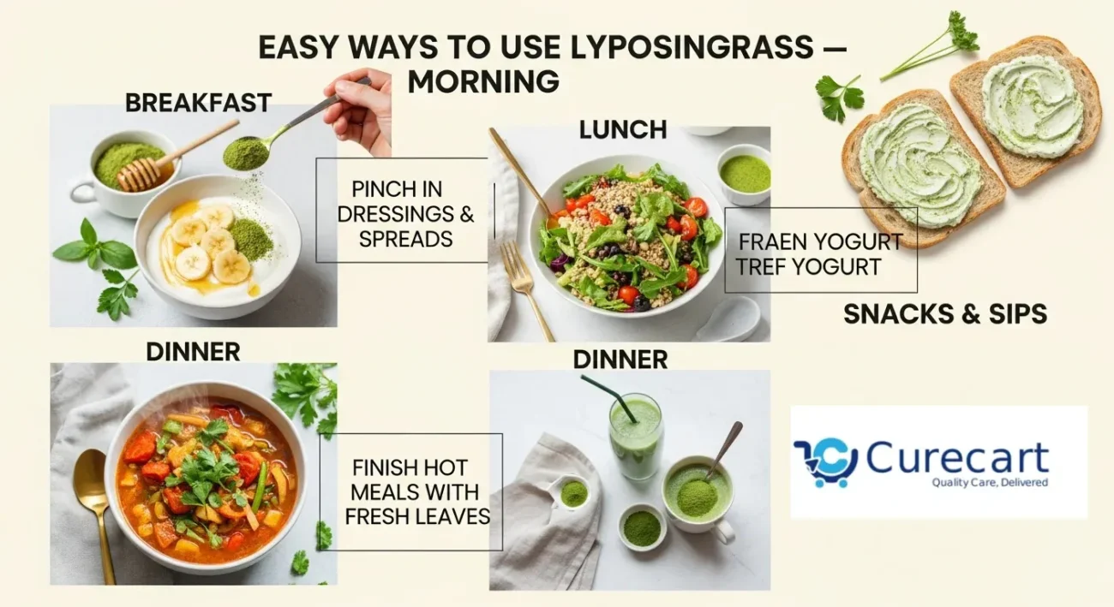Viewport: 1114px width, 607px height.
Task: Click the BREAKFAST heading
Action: [x=198, y=103]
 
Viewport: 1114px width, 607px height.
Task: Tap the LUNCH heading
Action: [x=623, y=129]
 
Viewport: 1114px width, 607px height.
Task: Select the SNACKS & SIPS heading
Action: [x=945, y=314]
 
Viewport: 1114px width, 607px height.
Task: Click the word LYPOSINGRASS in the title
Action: [x=692, y=47]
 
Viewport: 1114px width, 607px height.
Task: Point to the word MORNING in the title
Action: [x=483, y=81]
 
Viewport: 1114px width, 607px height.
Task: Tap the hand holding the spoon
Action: [x=359, y=110]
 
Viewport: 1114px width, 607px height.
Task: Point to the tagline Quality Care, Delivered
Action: [x=990, y=482]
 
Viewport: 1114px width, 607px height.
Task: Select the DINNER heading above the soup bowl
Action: [x=193, y=352]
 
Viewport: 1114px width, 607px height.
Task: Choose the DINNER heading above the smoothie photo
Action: [x=620, y=359]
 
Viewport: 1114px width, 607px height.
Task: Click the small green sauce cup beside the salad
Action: [x=744, y=174]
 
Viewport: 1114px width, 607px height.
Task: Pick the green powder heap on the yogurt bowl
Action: [x=250, y=239]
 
